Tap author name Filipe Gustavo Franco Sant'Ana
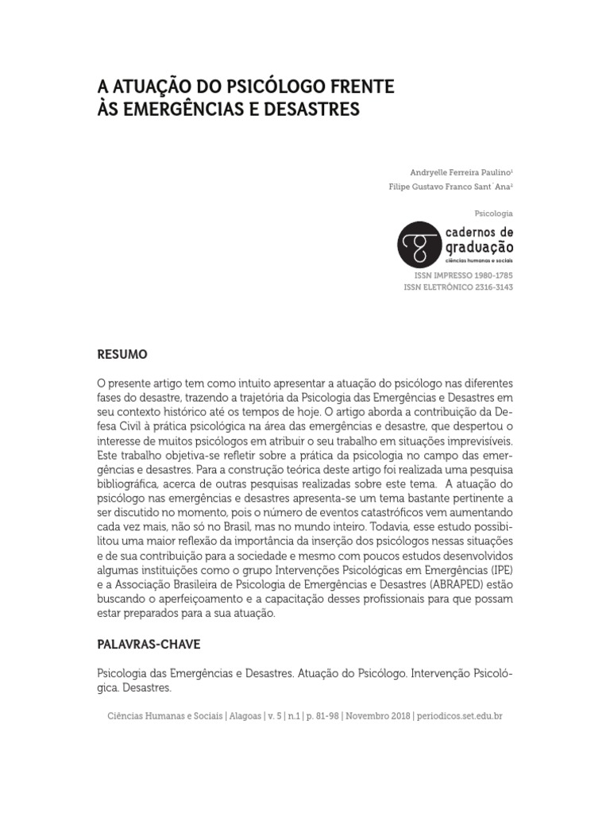438,187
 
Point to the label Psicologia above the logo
492,214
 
